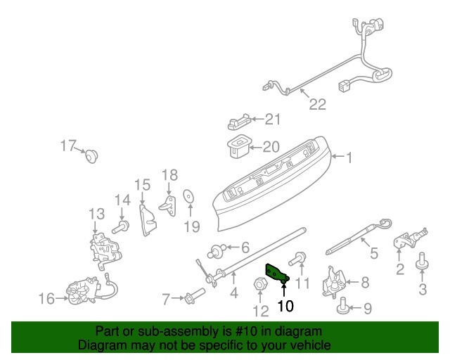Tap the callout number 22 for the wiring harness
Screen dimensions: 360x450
tap(318, 105)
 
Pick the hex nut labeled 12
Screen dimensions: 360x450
tap(257, 285)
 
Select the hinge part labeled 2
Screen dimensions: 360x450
tap(406, 238)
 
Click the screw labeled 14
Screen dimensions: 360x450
tap(123, 226)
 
